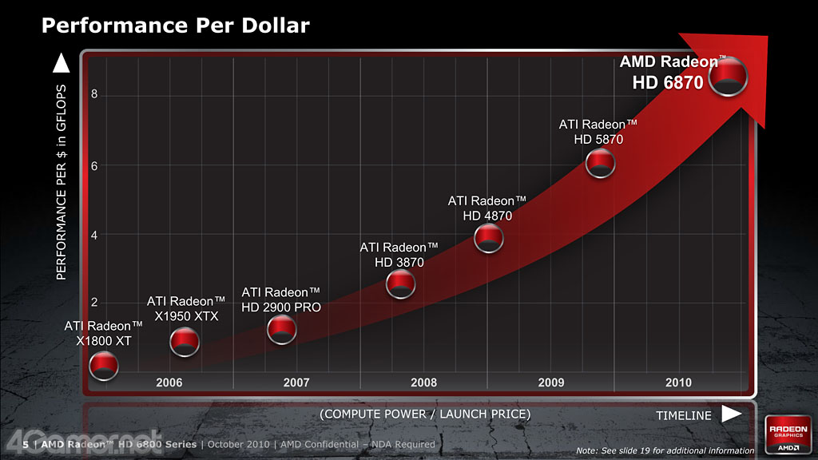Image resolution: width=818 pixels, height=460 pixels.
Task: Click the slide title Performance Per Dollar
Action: [175, 26]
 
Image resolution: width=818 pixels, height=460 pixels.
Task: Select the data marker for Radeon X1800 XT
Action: [104, 367]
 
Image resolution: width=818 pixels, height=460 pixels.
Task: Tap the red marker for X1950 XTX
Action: [185, 342]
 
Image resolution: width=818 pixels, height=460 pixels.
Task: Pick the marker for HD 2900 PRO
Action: [282, 328]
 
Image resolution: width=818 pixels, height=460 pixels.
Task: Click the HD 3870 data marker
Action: [400, 284]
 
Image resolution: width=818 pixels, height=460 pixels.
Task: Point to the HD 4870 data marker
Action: [488, 237]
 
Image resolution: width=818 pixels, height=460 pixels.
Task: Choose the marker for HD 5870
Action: [600, 164]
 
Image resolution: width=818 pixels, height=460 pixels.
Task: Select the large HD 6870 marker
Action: [729, 77]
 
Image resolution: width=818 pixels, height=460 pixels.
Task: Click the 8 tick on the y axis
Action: [94, 94]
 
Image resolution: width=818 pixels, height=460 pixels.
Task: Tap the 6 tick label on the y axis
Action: [94, 165]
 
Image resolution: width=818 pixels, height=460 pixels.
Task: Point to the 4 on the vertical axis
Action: [94, 235]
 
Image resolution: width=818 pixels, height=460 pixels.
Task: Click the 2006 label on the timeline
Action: [169, 383]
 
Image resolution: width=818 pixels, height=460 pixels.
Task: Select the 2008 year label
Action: [423, 383]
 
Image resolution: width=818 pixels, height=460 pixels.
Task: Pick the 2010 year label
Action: [678, 383]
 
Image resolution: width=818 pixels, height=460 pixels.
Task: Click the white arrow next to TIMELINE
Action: [732, 414]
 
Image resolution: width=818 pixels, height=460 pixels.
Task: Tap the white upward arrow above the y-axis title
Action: [61, 61]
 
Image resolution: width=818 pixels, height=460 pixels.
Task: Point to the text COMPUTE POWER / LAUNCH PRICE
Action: [425, 414]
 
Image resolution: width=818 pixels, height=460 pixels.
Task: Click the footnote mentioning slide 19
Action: [665, 451]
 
